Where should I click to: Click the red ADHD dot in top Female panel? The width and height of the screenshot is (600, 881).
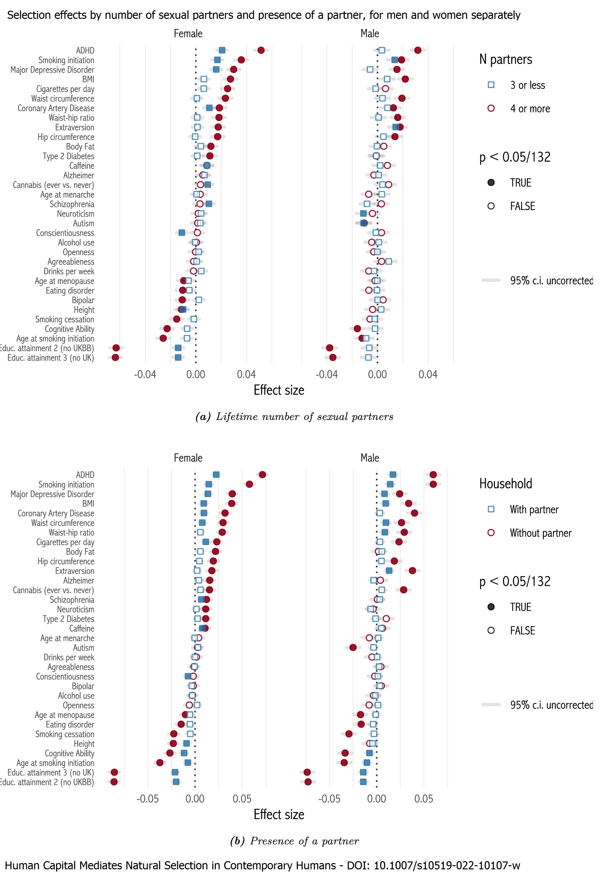point(261,50)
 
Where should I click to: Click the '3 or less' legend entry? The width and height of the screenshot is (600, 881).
point(527,85)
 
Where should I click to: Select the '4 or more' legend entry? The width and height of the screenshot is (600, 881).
point(529,109)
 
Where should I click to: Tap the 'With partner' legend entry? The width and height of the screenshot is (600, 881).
point(534,510)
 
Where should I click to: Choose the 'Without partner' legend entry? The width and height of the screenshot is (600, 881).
point(540,533)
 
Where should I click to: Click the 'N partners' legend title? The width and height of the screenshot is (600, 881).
point(505,59)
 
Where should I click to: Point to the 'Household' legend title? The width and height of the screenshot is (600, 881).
point(505,484)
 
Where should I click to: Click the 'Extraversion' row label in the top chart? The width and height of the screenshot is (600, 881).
point(75,127)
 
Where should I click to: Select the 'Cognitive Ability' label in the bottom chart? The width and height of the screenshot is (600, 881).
point(69,753)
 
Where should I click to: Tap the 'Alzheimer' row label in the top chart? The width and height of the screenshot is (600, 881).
point(78,176)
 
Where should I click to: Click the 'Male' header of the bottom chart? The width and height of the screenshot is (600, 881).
point(370,458)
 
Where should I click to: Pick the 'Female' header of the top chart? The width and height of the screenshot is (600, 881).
point(188,34)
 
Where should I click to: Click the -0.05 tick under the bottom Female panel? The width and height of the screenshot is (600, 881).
point(147,799)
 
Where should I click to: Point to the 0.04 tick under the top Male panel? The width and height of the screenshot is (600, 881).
point(428,375)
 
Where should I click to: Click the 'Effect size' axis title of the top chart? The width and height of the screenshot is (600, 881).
point(279,390)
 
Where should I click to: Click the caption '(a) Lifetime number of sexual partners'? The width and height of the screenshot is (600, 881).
point(294,417)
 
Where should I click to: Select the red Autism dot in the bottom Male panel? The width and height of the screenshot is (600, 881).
point(353,647)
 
